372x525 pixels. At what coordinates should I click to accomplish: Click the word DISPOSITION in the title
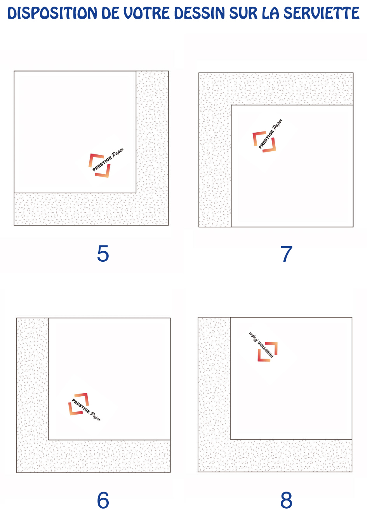(52, 13)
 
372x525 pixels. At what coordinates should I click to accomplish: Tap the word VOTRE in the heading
(146, 13)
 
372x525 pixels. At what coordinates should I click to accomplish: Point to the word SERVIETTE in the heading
(322, 13)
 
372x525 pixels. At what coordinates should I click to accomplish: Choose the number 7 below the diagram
(286, 254)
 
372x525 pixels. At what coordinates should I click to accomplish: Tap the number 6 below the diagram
(103, 500)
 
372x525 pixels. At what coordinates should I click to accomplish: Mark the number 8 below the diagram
(286, 500)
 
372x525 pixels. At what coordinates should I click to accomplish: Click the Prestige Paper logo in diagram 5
(106, 163)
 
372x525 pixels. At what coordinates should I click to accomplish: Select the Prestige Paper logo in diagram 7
(267, 136)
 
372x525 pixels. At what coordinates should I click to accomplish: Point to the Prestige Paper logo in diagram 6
(84, 407)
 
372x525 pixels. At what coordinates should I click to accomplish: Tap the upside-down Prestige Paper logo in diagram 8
(263, 346)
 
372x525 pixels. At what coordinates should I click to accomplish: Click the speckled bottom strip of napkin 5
(91, 209)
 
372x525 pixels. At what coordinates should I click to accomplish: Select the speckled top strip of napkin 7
(276, 89)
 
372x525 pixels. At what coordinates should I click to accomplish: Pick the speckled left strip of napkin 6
(33, 395)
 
